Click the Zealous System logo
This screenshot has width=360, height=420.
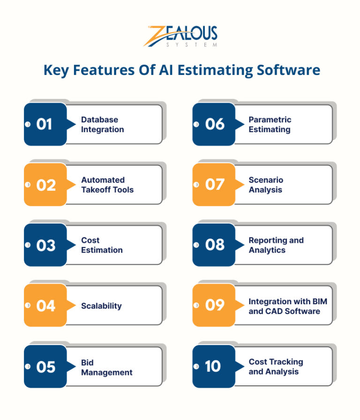pyautogui.click(x=180, y=37)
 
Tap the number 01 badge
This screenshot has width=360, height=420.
pyautogui.click(x=45, y=124)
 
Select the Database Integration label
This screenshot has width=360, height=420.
pyautogui.click(x=103, y=125)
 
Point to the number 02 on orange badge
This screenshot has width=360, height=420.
pyautogui.click(x=45, y=185)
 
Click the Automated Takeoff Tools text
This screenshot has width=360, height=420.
pyautogui.click(x=107, y=185)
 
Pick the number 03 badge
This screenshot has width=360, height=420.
pyautogui.click(x=45, y=245)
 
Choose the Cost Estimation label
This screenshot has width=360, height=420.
pyautogui.click(x=102, y=245)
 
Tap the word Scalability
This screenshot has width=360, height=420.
pyautogui.click(x=101, y=306)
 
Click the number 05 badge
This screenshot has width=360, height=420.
pyautogui.click(x=45, y=367)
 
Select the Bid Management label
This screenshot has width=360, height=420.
pyautogui.click(x=106, y=367)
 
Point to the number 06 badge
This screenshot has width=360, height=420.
pyautogui.click(x=214, y=124)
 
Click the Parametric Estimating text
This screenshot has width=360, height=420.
pyautogui.click(x=270, y=125)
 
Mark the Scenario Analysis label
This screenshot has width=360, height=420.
pyautogui.click(x=266, y=185)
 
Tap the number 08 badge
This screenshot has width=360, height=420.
pyautogui.click(x=214, y=245)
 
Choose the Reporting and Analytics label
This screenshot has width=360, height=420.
pyautogui.click(x=276, y=245)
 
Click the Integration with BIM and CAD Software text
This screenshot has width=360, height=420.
pyautogui.click(x=287, y=306)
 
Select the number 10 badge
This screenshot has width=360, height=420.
pyautogui.click(x=213, y=367)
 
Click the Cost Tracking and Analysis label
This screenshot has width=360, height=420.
pyautogui.click(x=276, y=367)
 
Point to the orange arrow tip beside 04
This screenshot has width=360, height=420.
pyautogui.click(x=74, y=306)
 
